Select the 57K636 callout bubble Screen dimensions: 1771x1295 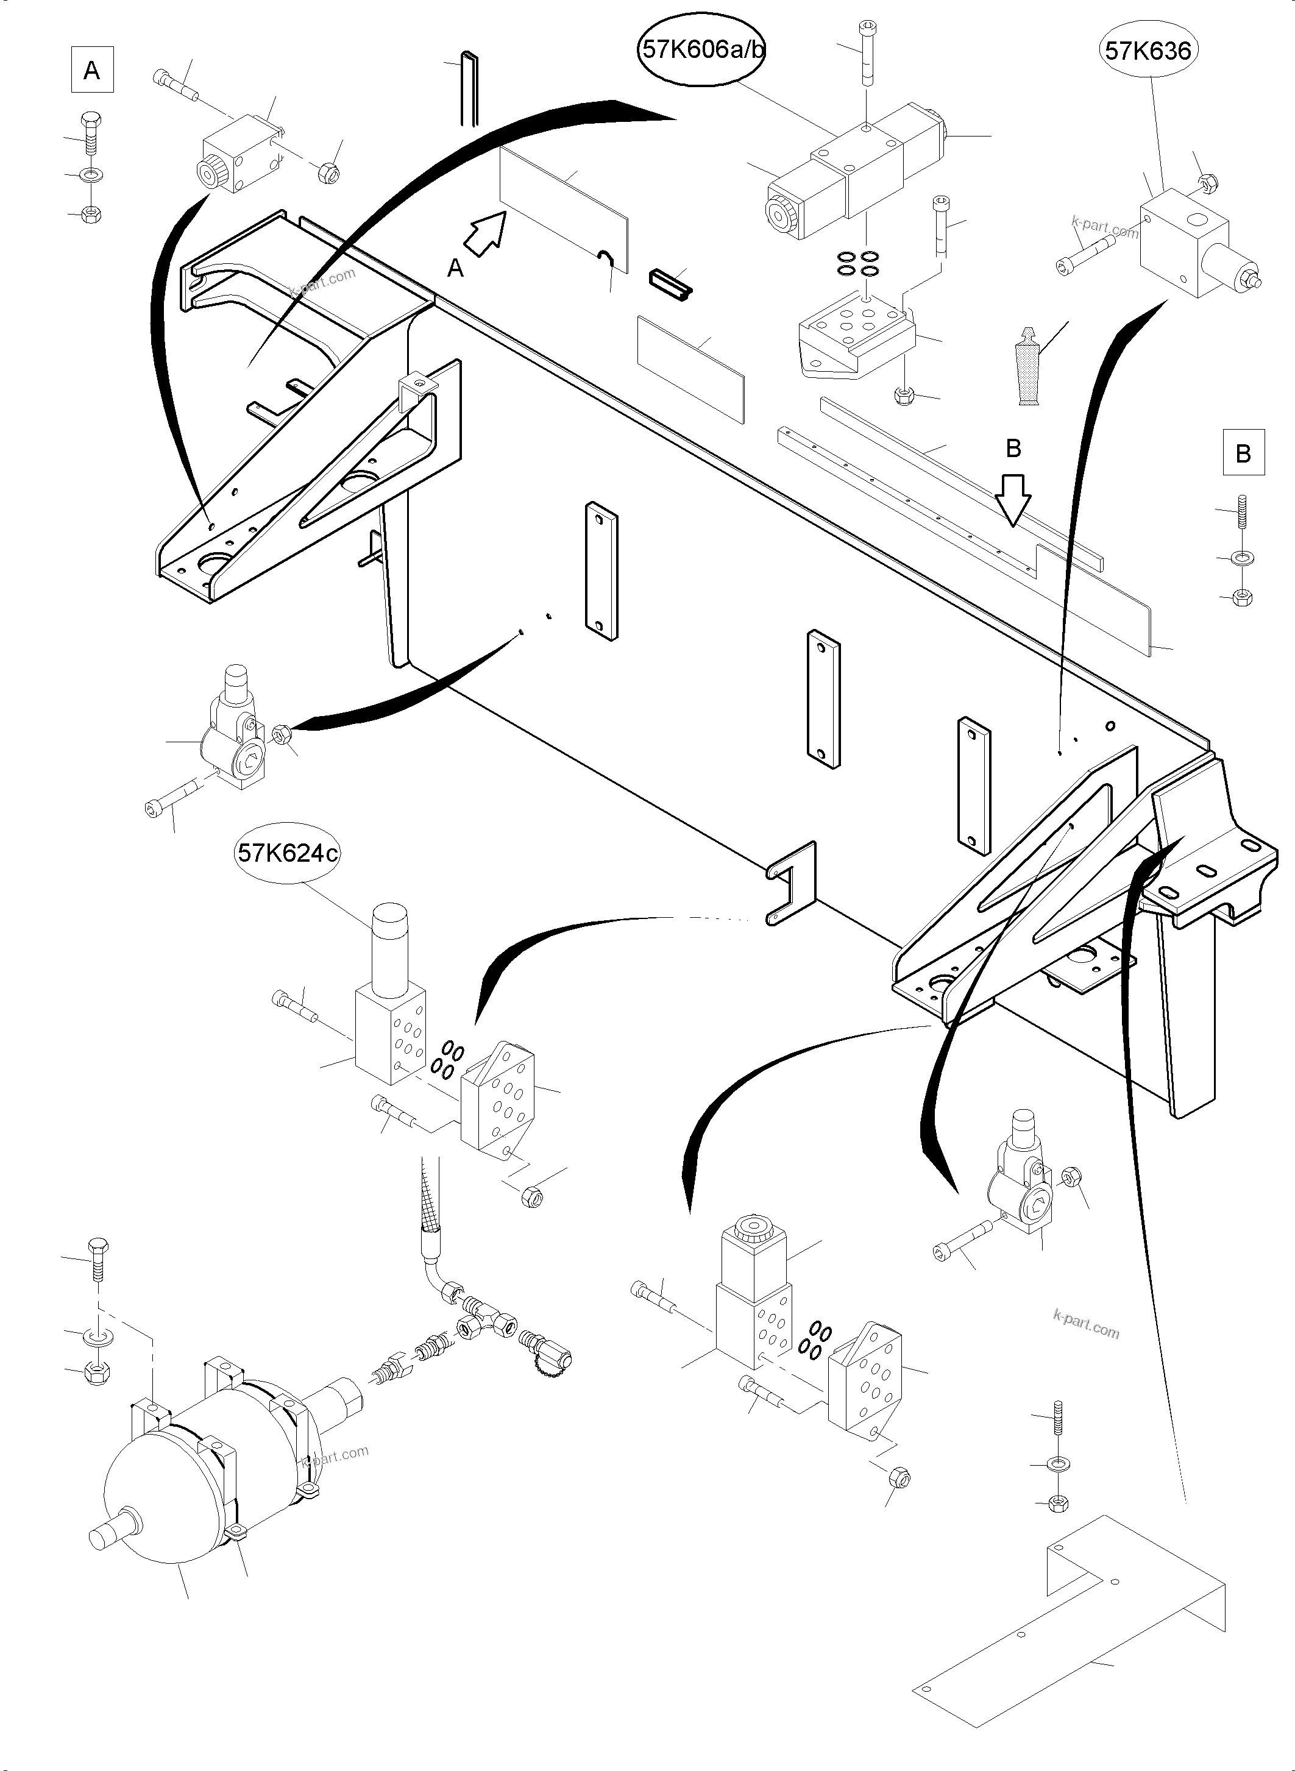point(1148,51)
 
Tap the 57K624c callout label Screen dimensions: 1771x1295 point(288,853)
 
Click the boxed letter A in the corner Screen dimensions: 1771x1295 point(91,71)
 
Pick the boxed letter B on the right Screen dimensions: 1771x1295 point(1243,453)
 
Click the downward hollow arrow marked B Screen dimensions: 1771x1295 point(1013,499)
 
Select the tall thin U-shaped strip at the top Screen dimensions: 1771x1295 point(468,88)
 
